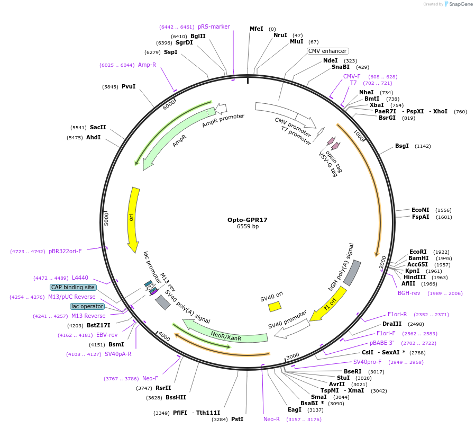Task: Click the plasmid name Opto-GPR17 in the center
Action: [x=248, y=220]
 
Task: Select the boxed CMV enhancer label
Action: [x=327, y=51]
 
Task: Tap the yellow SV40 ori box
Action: [x=275, y=306]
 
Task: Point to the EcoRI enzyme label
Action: [x=418, y=252]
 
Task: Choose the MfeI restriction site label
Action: [x=256, y=29]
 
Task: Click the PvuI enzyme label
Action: [x=129, y=87]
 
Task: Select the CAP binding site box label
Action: [x=73, y=288]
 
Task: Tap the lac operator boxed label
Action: [x=87, y=307]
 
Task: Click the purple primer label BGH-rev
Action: [x=409, y=293]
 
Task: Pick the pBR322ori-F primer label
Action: [x=65, y=252]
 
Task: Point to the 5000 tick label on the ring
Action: [x=106, y=219]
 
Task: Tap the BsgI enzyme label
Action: [x=402, y=146]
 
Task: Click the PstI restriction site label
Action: [x=238, y=420]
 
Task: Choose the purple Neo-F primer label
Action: [x=150, y=379]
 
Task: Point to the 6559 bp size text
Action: [x=248, y=227]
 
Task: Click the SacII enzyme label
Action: [x=98, y=128]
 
